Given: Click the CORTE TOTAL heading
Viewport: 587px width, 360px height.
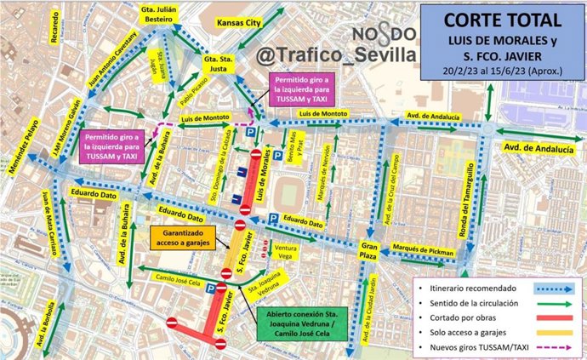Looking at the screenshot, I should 501,20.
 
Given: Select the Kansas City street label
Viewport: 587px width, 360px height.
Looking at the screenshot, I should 238,24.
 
